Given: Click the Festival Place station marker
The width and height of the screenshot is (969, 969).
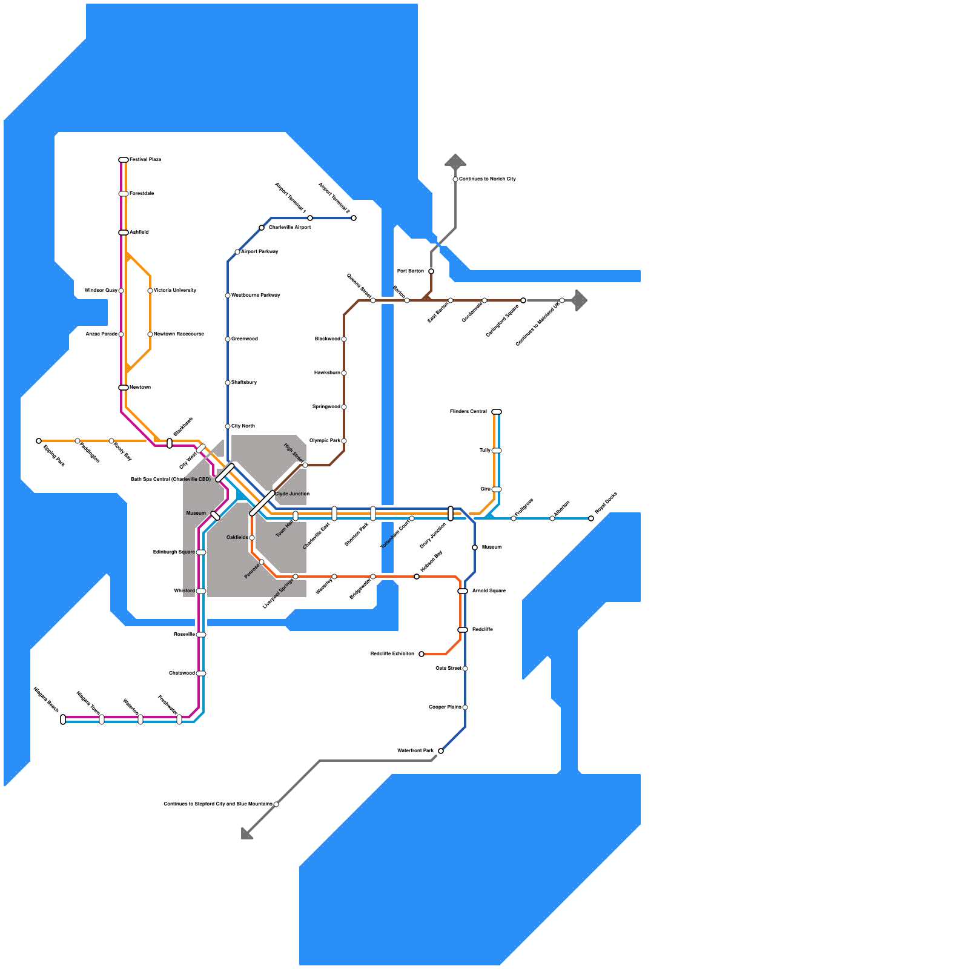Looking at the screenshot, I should tap(124, 160).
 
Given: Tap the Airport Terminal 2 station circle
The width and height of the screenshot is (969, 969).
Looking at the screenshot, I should tap(354, 218).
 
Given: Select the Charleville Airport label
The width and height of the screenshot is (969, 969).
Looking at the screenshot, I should tap(289, 228).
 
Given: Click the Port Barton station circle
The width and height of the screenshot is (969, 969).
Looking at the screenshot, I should tap(431, 271).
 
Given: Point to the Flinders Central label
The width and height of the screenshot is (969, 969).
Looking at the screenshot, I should tap(468, 412).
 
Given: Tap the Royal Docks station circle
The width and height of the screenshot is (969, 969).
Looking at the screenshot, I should tap(591, 518).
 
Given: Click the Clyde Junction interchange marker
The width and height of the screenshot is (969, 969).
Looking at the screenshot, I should tap(262, 503).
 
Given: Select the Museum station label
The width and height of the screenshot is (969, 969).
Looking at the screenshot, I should tap(196, 514).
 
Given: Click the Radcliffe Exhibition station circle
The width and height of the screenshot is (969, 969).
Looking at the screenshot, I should tap(422, 654).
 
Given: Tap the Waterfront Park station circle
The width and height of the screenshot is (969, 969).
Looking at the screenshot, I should tap(441, 751).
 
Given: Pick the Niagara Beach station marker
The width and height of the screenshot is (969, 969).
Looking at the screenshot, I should tap(63, 719).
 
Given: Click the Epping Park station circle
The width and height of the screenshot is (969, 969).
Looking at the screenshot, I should tap(39, 441).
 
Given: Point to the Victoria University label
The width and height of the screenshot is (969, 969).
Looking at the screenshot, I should tap(175, 291).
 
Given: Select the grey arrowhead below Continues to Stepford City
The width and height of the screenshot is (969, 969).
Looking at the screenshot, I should tap(246, 834).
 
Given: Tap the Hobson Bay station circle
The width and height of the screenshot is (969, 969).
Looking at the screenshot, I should tap(417, 577).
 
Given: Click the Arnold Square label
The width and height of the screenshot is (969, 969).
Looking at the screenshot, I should tap(489, 591).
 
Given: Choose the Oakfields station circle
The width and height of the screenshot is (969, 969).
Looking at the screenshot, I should tap(252, 538).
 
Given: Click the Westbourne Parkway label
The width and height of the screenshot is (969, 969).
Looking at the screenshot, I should tap(256, 296).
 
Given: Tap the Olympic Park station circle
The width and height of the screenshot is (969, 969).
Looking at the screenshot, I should tap(344, 441).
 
